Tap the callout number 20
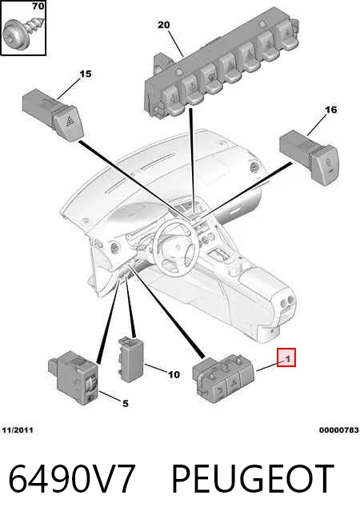[x=163, y=25]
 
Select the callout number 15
[x=85, y=74]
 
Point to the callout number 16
[x=330, y=110]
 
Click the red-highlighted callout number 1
[x=286, y=357]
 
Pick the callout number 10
[x=174, y=374]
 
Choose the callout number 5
[x=125, y=404]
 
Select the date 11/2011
[x=18, y=430]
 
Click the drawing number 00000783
[x=338, y=430]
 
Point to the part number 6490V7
[x=72, y=478]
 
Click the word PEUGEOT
[x=253, y=478]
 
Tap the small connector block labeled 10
[x=130, y=359]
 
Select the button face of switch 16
[x=326, y=165]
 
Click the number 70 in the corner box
[x=38, y=6]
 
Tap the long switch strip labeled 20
[x=221, y=70]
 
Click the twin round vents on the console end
[x=288, y=301]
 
